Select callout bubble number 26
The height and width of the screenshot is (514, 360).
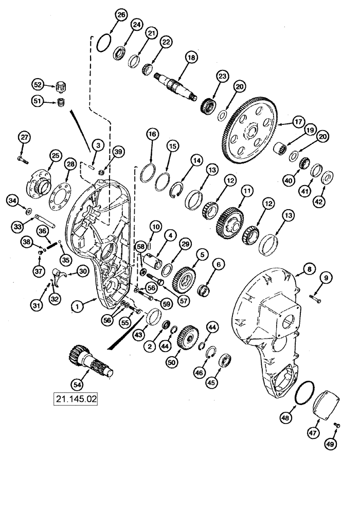pyautogui.click(x=121, y=16)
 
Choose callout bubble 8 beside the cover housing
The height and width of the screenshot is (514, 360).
pyautogui.click(x=309, y=269)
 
